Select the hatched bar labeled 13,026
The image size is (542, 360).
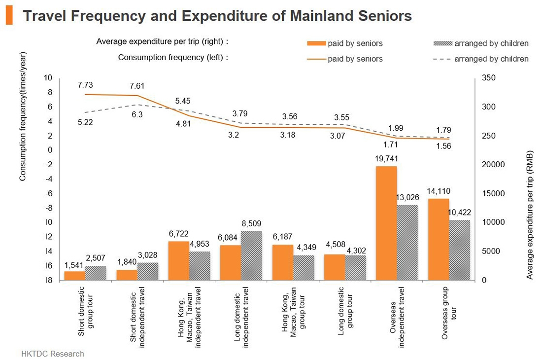click(407, 242)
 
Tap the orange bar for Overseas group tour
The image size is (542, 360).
click(438, 239)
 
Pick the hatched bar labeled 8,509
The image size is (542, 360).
click(251, 255)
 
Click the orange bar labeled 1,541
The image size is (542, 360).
click(74, 276)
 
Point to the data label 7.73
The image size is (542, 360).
click(85, 85)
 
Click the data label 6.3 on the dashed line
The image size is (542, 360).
click(137, 114)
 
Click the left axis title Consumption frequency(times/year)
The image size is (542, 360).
click(23, 116)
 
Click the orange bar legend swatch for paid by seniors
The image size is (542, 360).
click(316, 43)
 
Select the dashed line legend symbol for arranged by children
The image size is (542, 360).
click(441, 59)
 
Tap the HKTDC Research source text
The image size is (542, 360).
click(53, 354)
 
